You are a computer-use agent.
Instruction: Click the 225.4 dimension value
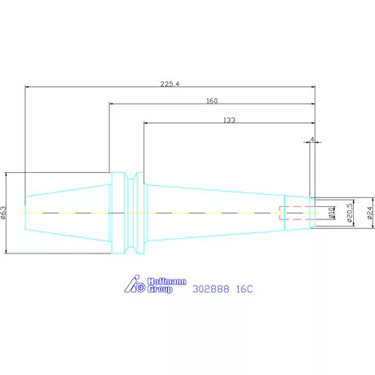point(170,84)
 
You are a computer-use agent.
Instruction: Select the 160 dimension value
point(212,101)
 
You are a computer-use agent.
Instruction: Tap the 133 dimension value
point(229,120)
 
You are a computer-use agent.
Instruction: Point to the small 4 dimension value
point(312,139)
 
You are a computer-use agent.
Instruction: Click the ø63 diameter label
point(3,213)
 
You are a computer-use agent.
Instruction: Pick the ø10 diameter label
point(331,213)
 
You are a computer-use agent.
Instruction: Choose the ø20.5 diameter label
point(350,213)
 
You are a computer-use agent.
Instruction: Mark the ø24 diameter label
point(369,213)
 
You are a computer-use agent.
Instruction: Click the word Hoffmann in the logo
point(167,281)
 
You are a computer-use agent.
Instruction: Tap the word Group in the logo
point(160,289)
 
